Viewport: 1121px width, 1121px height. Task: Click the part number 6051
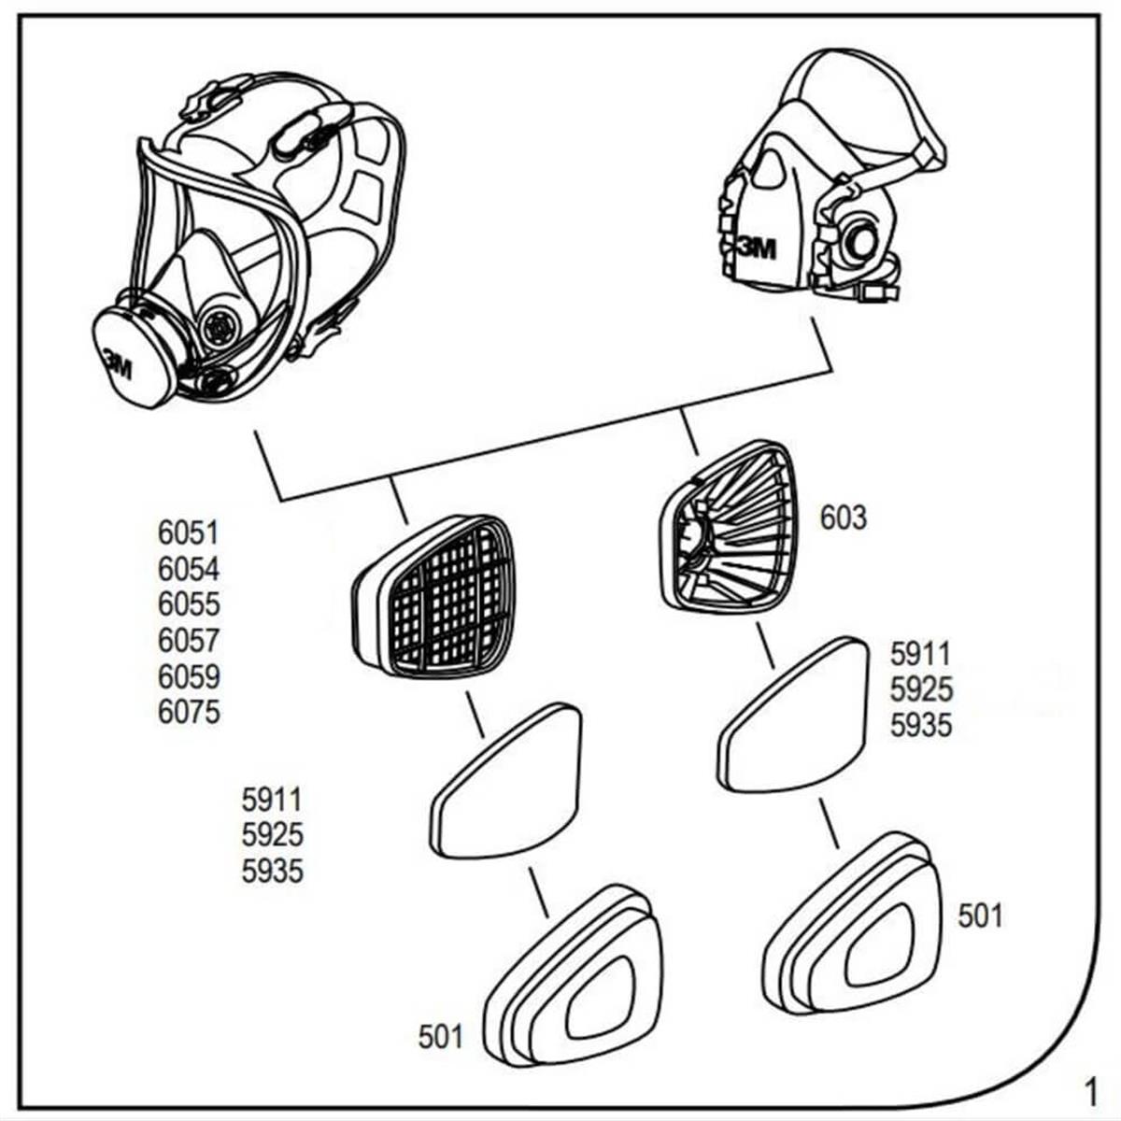tap(189, 533)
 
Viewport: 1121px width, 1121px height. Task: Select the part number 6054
tap(189, 569)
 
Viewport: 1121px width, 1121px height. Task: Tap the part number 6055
tap(189, 604)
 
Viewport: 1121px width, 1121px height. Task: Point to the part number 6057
tap(189, 641)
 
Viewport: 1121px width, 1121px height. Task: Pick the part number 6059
tap(189, 676)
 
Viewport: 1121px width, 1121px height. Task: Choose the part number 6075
tap(189, 712)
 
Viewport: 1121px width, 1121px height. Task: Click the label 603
tap(844, 518)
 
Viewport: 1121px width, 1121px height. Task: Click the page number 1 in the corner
tap(1089, 1090)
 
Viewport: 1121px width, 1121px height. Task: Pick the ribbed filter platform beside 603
tap(728, 525)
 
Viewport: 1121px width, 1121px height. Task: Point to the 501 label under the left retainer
tap(441, 1035)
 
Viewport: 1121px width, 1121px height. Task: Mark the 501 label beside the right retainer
tap(980, 916)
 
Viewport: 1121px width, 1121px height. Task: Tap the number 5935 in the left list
tap(272, 871)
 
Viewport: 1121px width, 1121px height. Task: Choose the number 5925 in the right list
tap(921, 690)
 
